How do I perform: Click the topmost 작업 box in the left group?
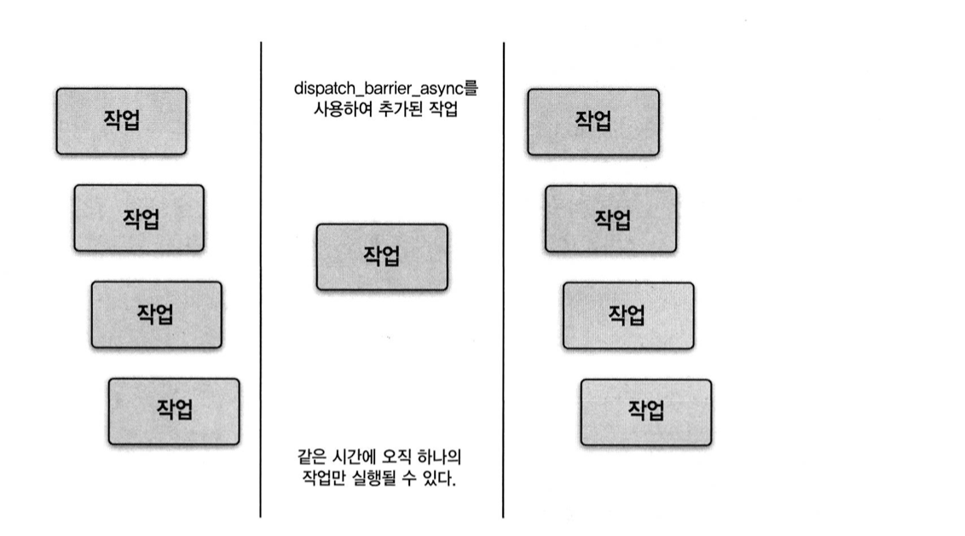(121, 121)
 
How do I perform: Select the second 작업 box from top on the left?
(139, 218)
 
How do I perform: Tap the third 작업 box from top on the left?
(156, 314)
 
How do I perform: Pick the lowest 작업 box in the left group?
(174, 411)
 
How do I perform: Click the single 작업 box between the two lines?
(381, 256)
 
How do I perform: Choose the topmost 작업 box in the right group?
(593, 121)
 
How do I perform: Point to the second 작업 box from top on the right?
(611, 219)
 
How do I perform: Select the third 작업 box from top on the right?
(628, 316)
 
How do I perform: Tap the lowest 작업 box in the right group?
(646, 412)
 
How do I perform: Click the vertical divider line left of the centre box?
(261, 282)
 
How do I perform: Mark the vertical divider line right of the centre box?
(503, 282)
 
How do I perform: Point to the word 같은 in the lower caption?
(305, 457)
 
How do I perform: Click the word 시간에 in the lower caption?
(347, 457)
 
